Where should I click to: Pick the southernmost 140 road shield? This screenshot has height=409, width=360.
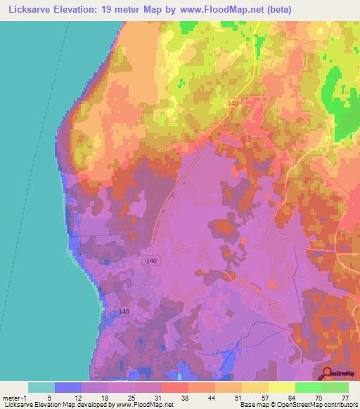[x=124, y=311]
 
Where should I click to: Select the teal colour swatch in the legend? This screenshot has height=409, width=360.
[x=41, y=387]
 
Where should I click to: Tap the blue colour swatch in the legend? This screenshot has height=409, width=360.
[x=68, y=387]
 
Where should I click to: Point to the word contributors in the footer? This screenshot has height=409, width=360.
[x=337, y=404]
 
